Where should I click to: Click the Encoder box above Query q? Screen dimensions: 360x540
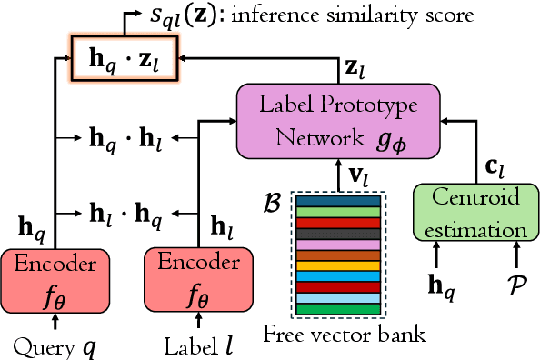55,275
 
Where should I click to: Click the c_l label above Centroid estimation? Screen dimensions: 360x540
491,167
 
